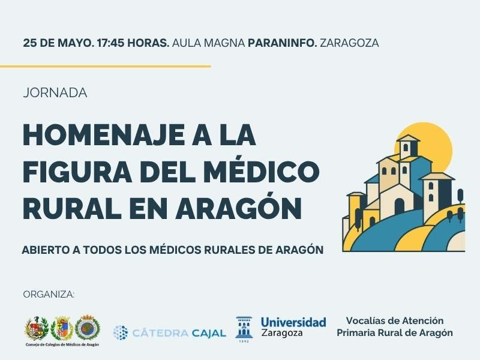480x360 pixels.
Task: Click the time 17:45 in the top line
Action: (x=110, y=43)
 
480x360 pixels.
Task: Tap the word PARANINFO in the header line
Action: (x=282, y=43)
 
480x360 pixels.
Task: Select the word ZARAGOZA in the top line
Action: (x=349, y=43)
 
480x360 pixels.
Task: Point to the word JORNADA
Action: (x=55, y=93)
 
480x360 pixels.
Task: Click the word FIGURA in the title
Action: (x=77, y=172)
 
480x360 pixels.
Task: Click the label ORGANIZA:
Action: (x=49, y=295)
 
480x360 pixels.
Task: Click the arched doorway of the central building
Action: (x=399, y=206)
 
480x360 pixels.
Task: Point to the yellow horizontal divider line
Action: (x=106, y=66)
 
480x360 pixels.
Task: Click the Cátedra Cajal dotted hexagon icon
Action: (x=121, y=333)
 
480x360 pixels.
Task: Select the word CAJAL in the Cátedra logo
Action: (x=209, y=333)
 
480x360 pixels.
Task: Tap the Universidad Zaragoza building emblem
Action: (x=244, y=328)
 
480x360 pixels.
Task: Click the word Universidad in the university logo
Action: (x=293, y=322)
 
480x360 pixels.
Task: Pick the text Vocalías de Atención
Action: (x=395, y=320)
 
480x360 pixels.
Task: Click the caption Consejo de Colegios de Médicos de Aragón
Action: (x=62, y=344)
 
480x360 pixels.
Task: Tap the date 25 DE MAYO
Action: (x=58, y=43)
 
